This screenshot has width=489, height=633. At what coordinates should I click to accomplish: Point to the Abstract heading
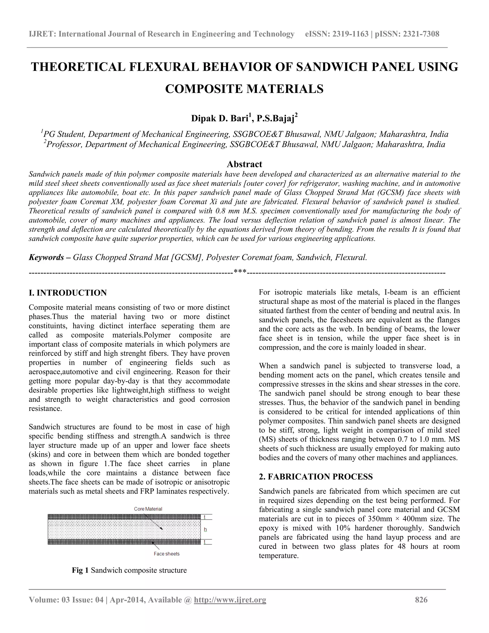(x=244, y=164)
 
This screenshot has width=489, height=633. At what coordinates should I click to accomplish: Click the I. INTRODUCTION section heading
(x=68, y=293)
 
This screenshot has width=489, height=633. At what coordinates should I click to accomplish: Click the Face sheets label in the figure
(x=167, y=554)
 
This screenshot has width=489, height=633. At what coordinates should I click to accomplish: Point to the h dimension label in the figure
(x=205, y=530)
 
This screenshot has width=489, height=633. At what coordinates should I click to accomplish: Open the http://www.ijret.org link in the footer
(x=230, y=600)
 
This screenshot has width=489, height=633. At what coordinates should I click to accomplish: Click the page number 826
(x=421, y=600)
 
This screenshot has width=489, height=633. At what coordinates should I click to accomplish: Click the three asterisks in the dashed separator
(x=240, y=272)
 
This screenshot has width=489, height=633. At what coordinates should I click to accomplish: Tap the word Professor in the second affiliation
(x=64, y=144)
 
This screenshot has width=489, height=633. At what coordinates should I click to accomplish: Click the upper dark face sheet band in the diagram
(x=124, y=517)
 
